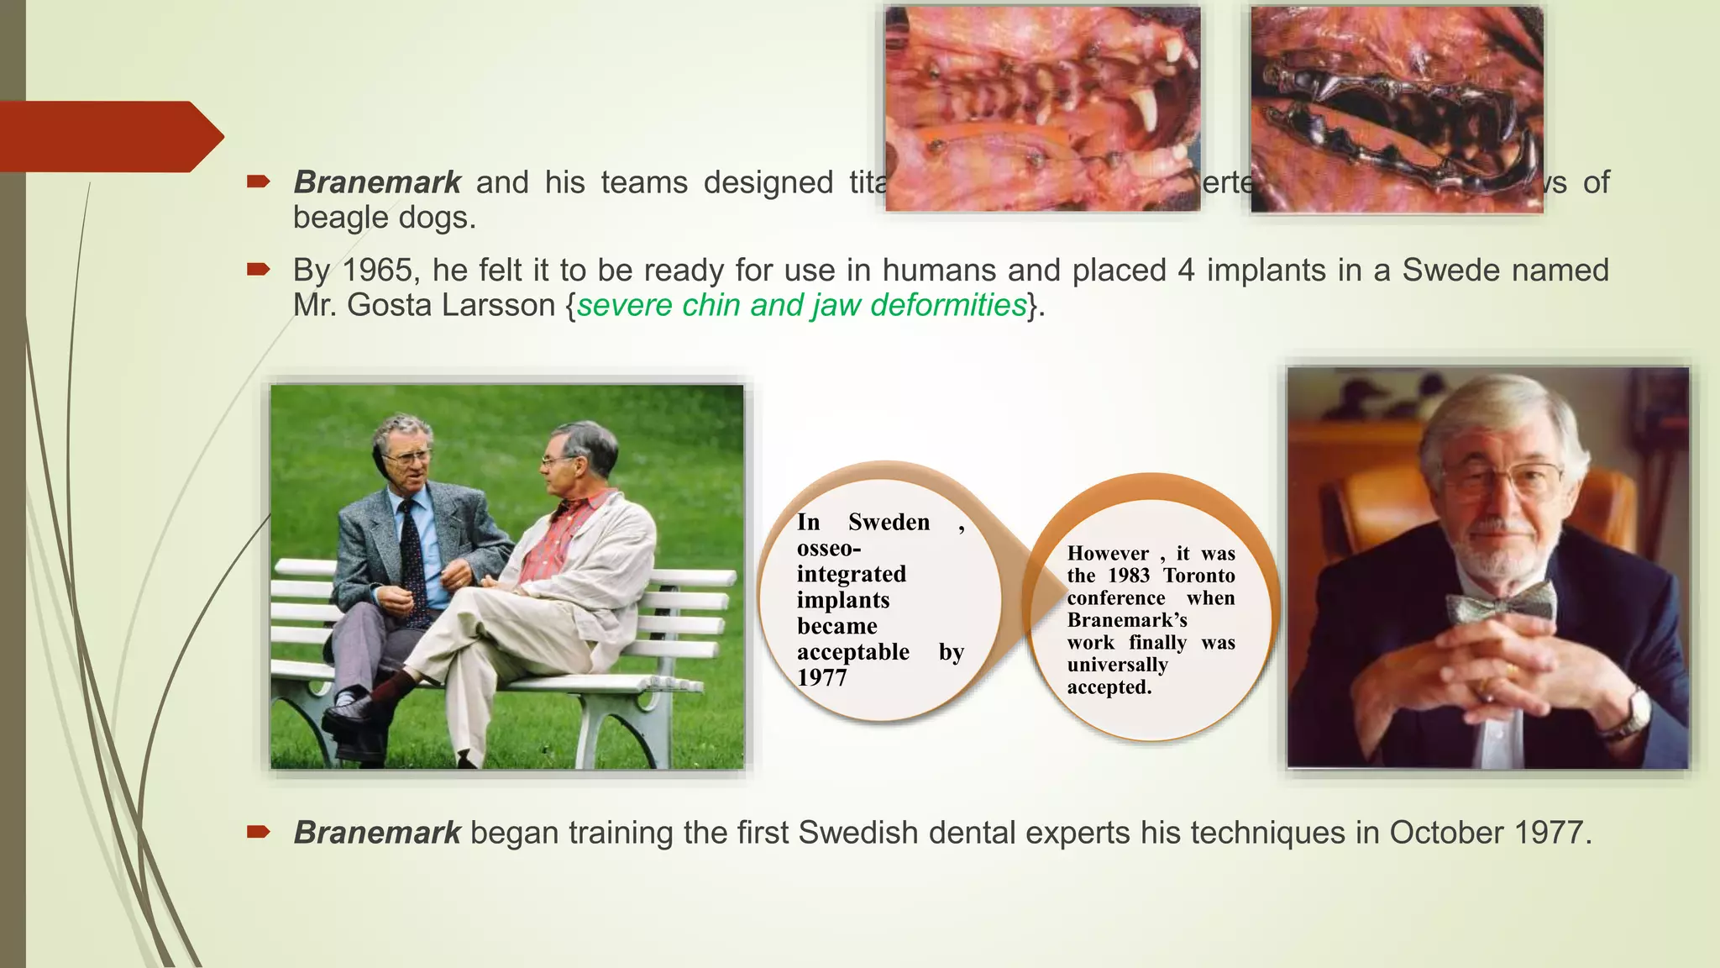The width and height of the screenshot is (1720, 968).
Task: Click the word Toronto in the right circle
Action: coord(1198,576)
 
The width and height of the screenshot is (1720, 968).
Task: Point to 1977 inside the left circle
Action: coord(821,677)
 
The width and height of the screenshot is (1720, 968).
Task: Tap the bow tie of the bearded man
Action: coord(1500,602)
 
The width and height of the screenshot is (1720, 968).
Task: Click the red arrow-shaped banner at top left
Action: coord(109,136)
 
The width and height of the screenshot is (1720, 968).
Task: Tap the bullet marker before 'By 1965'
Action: coord(258,270)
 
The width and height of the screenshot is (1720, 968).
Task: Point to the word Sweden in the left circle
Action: coord(889,522)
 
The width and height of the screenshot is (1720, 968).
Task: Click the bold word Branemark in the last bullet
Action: coord(377,833)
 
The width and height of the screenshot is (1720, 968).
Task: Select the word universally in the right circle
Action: coord(1117,665)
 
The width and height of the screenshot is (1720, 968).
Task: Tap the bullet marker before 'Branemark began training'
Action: coord(258,832)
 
